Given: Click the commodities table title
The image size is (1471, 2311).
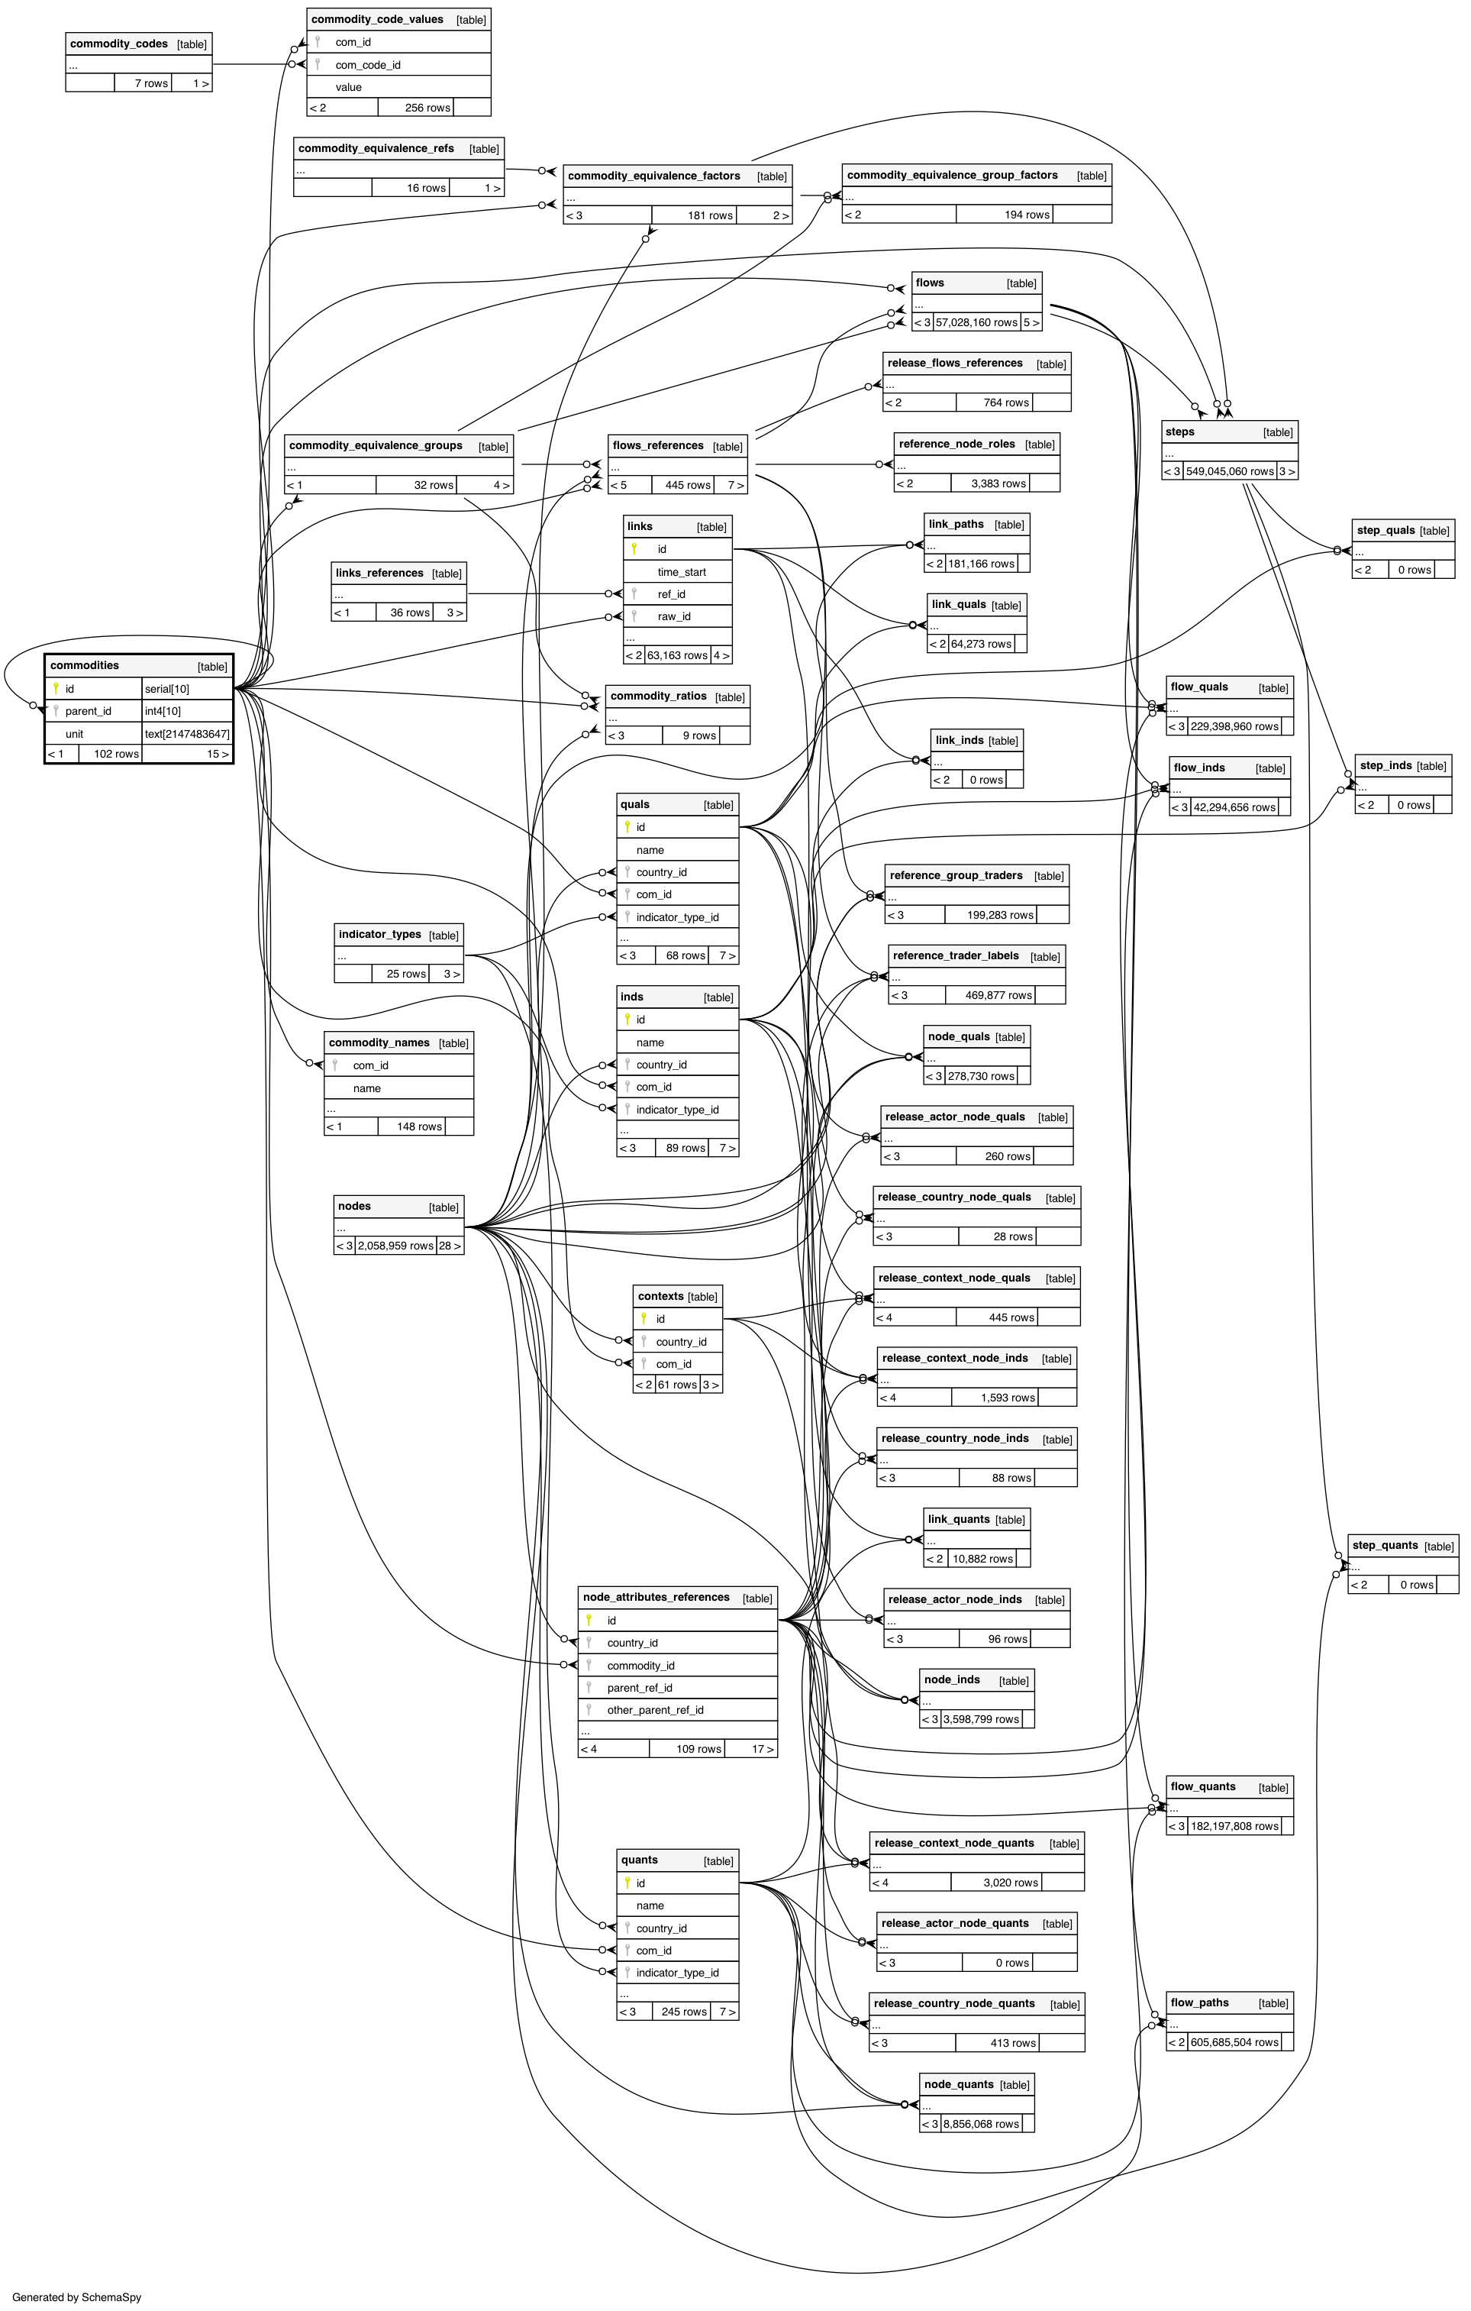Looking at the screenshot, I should [x=85, y=665].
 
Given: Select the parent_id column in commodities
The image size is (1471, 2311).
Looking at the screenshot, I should [x=89, y=711].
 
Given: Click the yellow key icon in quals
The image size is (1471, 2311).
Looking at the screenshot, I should [x=627, y=827].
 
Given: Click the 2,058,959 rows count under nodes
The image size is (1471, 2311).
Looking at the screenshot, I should [x=395, y=1246].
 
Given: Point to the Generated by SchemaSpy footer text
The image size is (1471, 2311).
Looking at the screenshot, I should [x=77, y=2296].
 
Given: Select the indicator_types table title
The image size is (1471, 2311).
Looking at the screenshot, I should [x=379, y=934].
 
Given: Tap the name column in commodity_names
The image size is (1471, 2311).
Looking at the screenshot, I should [x=366, y=1088].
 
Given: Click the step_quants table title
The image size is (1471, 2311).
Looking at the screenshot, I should [x=1385, y=1545].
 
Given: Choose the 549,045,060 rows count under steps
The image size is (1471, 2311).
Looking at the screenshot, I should [x=1230, y=471].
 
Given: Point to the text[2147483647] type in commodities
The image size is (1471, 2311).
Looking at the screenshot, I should [x=187, y=734].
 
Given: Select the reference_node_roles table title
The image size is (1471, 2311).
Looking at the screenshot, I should [x=956, y=444].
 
